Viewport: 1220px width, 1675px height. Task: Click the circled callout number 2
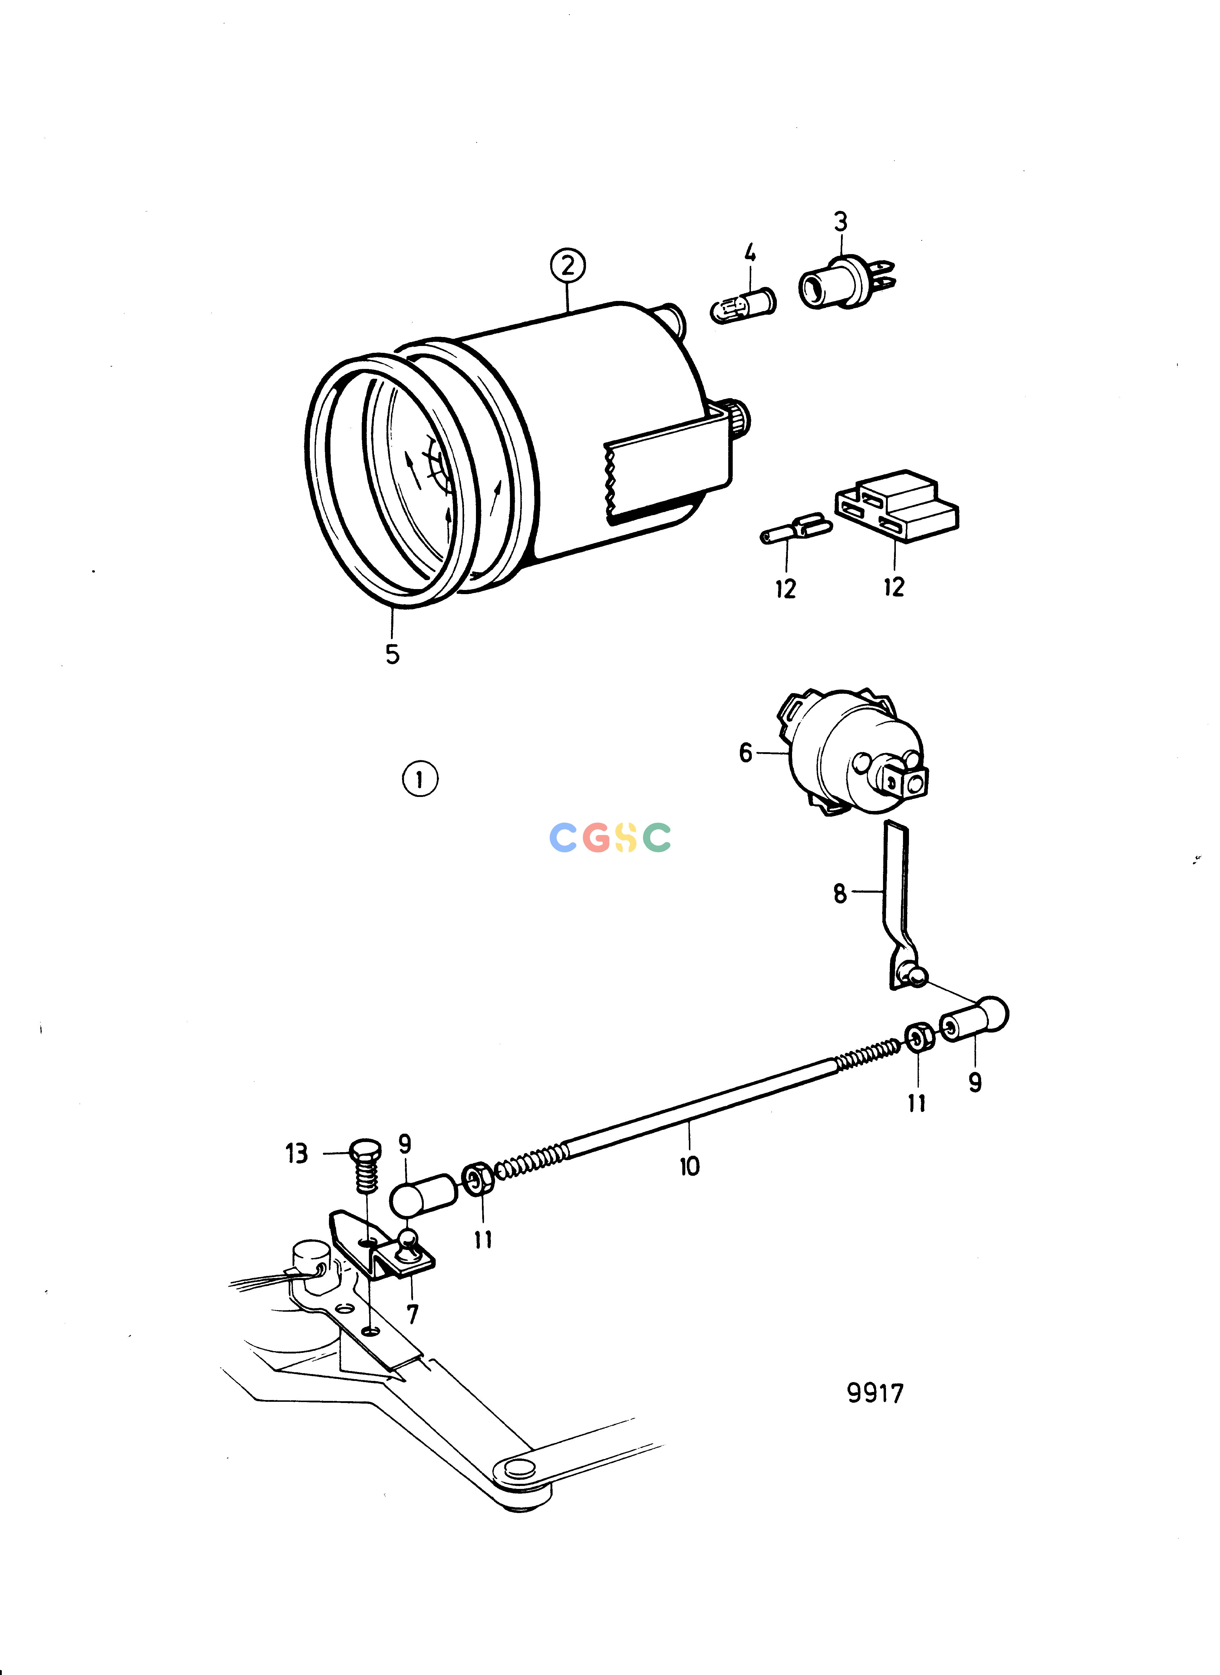point(567,265)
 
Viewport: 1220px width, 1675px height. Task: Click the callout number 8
point(840,894)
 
